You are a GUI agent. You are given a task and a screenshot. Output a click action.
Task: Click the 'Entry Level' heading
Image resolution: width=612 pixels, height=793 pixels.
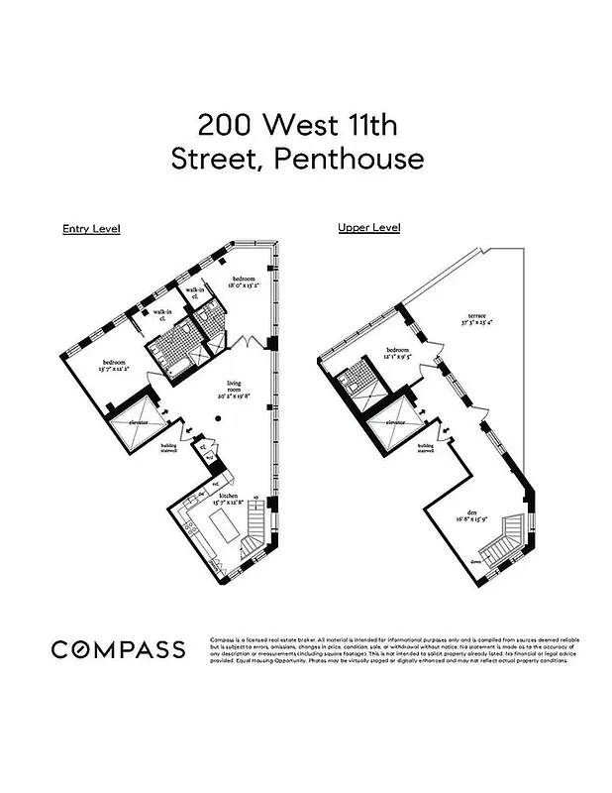91,229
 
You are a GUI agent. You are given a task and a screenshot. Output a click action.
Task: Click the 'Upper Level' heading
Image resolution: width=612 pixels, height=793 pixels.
368,227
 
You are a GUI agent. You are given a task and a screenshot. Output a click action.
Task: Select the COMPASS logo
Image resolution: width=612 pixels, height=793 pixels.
118,650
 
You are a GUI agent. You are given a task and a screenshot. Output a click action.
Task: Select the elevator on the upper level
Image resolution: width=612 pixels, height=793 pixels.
396,423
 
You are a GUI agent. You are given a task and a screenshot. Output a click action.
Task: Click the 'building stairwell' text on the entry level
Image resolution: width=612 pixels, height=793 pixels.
168,451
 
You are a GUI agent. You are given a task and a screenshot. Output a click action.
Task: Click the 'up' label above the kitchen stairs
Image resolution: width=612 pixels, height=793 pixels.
256,497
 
